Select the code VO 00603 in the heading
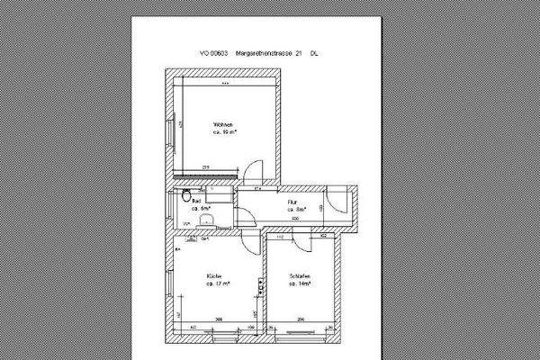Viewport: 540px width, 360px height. click(x=214, y=54)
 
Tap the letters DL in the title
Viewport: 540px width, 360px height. click(x=313, y=54)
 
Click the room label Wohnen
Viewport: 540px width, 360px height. click(x=223, y=123)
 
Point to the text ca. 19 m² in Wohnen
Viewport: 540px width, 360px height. click(x=224, y=131)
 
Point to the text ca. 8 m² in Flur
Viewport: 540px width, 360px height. click(x=296, y=210)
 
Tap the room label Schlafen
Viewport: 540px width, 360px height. click(x=300, y=274)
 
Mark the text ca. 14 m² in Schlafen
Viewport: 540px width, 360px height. click(x=300, y=283)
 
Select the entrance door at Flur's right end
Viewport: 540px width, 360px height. click(x=335, y=205)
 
